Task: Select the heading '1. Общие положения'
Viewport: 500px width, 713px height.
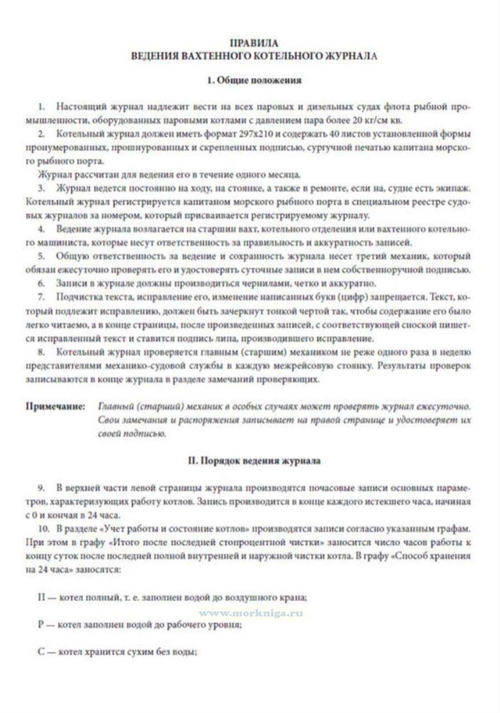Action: (x=254, y=80)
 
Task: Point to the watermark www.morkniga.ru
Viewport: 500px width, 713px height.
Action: (x=251, y=613)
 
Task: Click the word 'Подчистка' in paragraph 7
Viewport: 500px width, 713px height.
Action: (x=76, y=297)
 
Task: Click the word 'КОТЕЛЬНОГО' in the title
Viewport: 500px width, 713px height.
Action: (x=276, y=55)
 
